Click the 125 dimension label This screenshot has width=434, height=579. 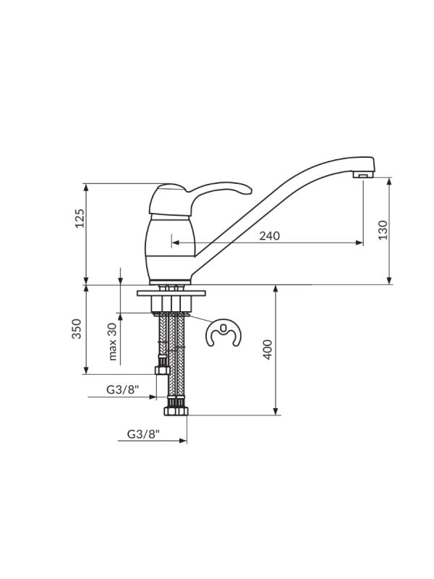(x=80, y=219)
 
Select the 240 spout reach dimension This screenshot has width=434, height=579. (x=269, y=236)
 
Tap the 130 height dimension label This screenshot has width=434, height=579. (x=383, y=230)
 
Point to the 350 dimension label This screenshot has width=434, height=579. (x=77, y=329)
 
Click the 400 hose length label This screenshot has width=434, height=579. (x=268, y=350)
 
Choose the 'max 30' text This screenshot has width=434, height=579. (x=113, y=342)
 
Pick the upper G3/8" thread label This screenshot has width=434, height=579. (x=122, y=389)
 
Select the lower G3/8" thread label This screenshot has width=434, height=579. (x=143, y=434)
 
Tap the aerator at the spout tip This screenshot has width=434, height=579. (x=361, y=174)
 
